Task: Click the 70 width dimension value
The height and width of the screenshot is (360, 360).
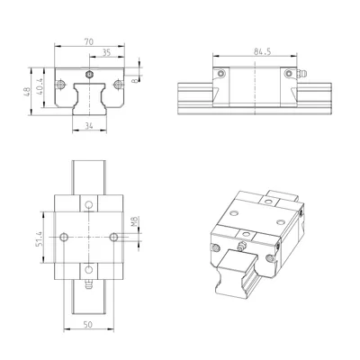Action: [x=89, y=41]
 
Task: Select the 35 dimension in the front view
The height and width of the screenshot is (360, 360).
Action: [x=106, y=52]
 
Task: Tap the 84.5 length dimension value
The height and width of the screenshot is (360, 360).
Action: [x=262, y=51]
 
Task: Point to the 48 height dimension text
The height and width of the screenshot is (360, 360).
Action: [x=26, y=92]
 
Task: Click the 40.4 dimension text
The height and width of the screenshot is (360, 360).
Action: [x=40, y=87]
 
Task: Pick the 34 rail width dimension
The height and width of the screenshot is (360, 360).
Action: [x=89, y=126]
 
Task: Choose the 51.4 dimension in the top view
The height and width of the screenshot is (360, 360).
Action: [x=39, y=239]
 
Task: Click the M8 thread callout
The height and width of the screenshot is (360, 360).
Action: [x=134, y=221]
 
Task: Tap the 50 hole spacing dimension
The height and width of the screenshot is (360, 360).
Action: [x=88, y=324]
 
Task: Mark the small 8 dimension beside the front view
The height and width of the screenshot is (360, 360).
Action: [x=135, y=80]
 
